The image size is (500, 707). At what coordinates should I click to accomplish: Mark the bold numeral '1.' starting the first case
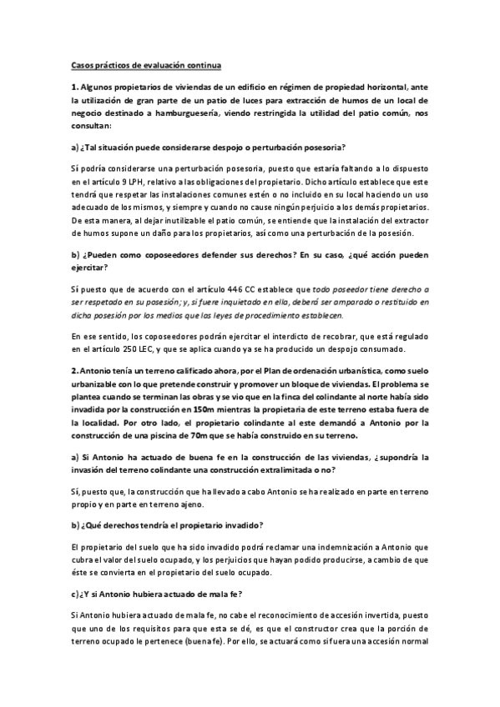(x=74, y=84)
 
